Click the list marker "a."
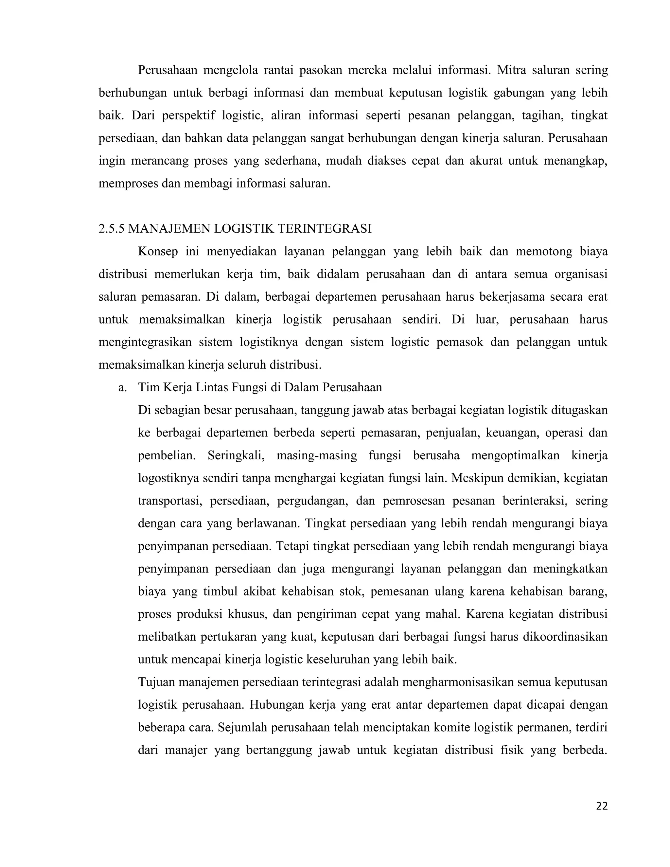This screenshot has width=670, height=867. click(122, 388)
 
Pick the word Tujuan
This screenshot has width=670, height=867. click(156, 682)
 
